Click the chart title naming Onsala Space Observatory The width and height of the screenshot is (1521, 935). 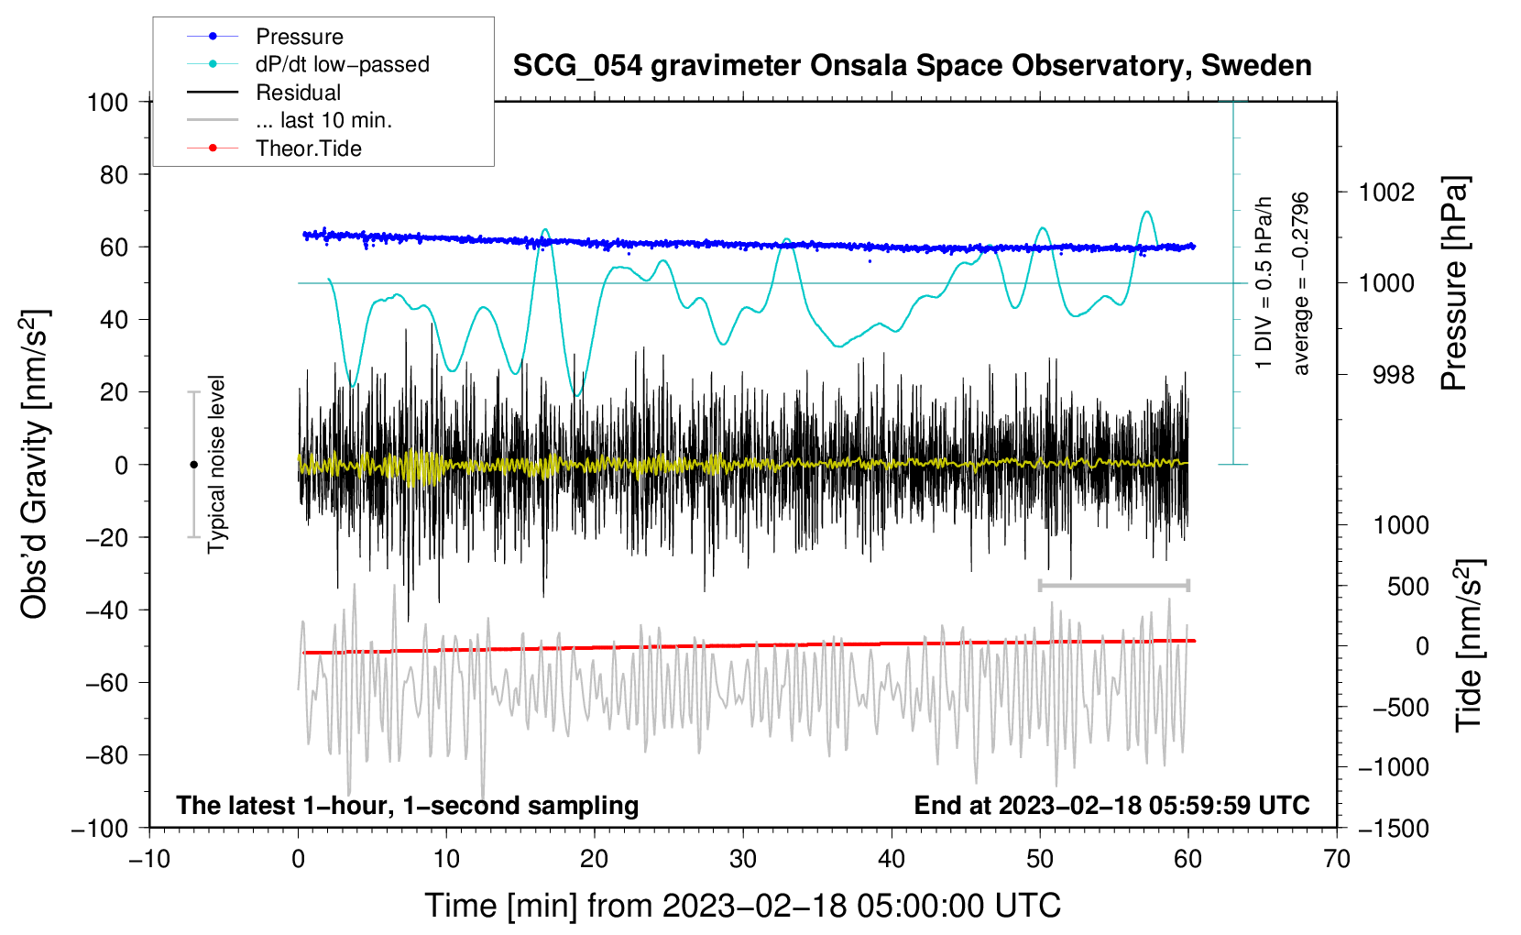coord(912,66)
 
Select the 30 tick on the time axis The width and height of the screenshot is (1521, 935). coord(743,859)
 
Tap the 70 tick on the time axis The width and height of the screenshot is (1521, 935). coord(1336,859)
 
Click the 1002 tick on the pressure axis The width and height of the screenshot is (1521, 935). coord(1386,192)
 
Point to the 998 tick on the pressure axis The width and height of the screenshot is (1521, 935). coord(1394,374)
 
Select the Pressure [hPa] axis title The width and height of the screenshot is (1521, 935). coord(1454,283)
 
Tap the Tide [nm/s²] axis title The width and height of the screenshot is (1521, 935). coord(1470,645)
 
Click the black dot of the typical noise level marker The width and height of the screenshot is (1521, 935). coord(193,465)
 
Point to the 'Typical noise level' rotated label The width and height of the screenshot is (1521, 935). coord(216,464)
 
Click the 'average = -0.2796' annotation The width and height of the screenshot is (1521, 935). coord(1300,283)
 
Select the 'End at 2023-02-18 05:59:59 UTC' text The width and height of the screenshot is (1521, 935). coord(1111,805)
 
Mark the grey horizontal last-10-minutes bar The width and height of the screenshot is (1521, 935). coord(1113,585)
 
